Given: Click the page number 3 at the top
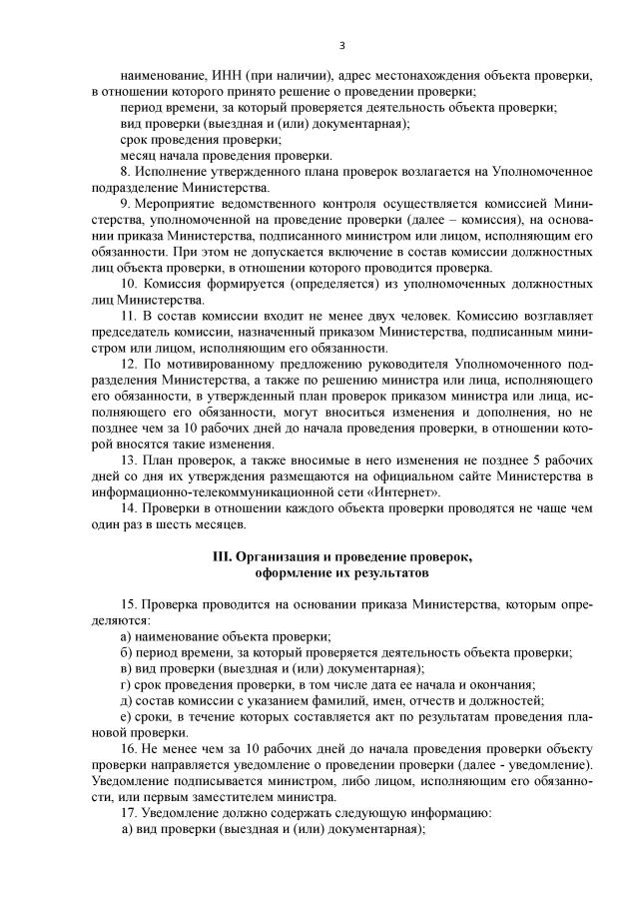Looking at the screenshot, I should click(342, 45).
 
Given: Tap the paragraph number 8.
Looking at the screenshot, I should click(125, 172).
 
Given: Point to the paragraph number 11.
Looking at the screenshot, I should click(128, 316).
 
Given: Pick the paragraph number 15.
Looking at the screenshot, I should click(128, 605).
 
